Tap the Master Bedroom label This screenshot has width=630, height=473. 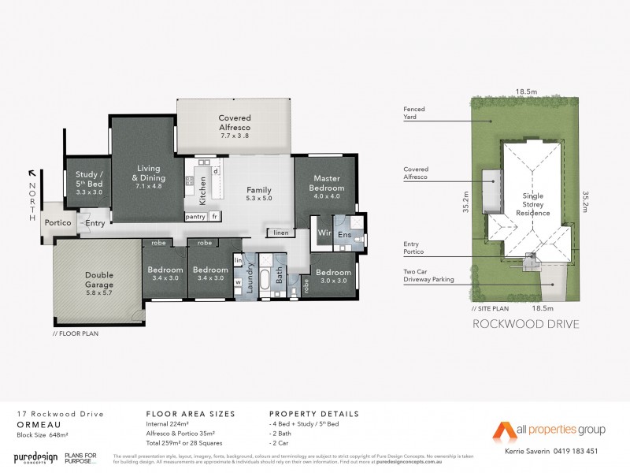click(326, 183)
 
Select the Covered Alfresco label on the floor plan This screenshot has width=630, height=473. click(234, 122)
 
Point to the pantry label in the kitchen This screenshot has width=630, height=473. click(195, 216)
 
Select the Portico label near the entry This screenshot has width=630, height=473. click(58, 223)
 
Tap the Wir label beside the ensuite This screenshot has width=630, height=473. click(323, 233)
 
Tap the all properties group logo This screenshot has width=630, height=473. click(548, 430)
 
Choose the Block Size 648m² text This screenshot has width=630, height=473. click(41, 434)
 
